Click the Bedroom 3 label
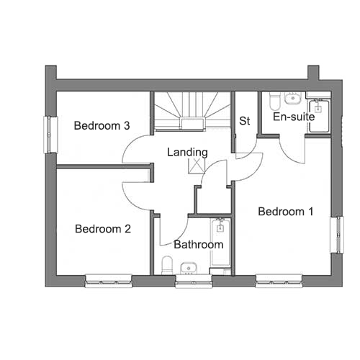tap(102, 125)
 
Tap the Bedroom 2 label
tap(103, 229)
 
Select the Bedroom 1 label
tap(286, 212)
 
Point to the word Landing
tap(187, 153)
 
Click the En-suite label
tap(294, 117)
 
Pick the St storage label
tap(245, 121)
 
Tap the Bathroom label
tap(199, 245)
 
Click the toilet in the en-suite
tap(275, 102)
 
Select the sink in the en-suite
tap(292, 98)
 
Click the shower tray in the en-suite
tap(319, 117)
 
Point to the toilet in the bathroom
tap(167, 265)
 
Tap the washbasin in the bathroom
tap(189, 268)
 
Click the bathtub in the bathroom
tap(220, 242)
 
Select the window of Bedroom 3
tap(50, 135)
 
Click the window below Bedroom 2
tap(109, 281)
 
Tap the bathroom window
tap(194, 282)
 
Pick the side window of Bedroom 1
tap(337, 235)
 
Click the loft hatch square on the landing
tap(197, 166)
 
